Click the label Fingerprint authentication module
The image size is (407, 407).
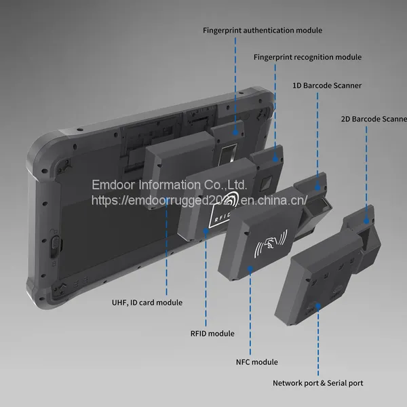(263, 31)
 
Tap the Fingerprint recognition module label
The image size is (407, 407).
(307, 57)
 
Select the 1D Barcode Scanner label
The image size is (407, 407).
(327, 85)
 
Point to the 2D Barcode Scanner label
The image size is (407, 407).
(374, 119)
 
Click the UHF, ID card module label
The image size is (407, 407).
(147, 303)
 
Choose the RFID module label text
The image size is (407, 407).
(212, 333)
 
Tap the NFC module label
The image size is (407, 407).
(256, 362)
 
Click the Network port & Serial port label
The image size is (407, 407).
(317, 383)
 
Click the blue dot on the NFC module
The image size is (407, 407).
(250, 269)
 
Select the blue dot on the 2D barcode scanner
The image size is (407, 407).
(366, 221)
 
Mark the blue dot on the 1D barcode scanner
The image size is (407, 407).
(317, 187)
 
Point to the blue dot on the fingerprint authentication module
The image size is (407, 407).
(235, 132)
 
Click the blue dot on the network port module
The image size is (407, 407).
(318, 307)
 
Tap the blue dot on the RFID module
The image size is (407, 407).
(206, 231)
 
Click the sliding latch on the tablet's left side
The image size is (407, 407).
(55, 247)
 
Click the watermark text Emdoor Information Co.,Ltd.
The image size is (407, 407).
(169, 185)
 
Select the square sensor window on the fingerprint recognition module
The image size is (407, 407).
(266, 184)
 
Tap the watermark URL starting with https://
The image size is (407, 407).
(199, 200)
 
